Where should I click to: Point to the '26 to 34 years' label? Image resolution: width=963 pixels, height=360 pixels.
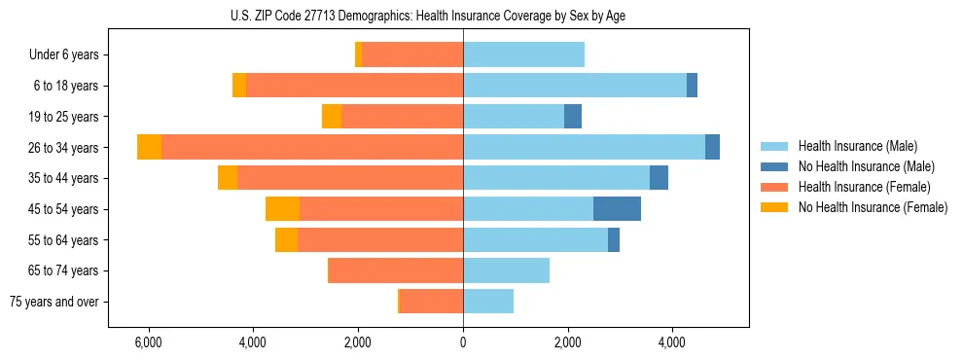[x=64, y=148]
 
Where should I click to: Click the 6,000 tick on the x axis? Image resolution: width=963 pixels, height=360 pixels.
[x=148, y=342]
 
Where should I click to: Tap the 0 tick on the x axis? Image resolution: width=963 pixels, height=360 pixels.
[x=463, y=342]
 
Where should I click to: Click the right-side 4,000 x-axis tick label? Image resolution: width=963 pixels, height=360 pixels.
[x=672, y=342]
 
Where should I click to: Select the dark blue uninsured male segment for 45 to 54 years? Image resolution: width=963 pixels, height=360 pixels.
[x=617, y=209]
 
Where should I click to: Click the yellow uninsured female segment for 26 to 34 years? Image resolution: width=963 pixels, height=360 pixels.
[x=149, y=147]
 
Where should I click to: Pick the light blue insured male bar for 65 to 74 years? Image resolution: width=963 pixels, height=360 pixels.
[x=506, y=270]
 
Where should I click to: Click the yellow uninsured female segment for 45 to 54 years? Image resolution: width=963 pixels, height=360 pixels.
[x=282, y=209]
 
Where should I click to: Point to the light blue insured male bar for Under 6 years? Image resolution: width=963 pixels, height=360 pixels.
[x=523, y=54]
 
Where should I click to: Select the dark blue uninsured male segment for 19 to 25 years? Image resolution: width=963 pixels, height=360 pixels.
[x=573, y=117]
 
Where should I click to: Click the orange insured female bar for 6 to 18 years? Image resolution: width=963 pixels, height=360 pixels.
[x=354, y=86]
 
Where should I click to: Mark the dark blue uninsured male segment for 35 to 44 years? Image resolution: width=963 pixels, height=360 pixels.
[x=659, y=178]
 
